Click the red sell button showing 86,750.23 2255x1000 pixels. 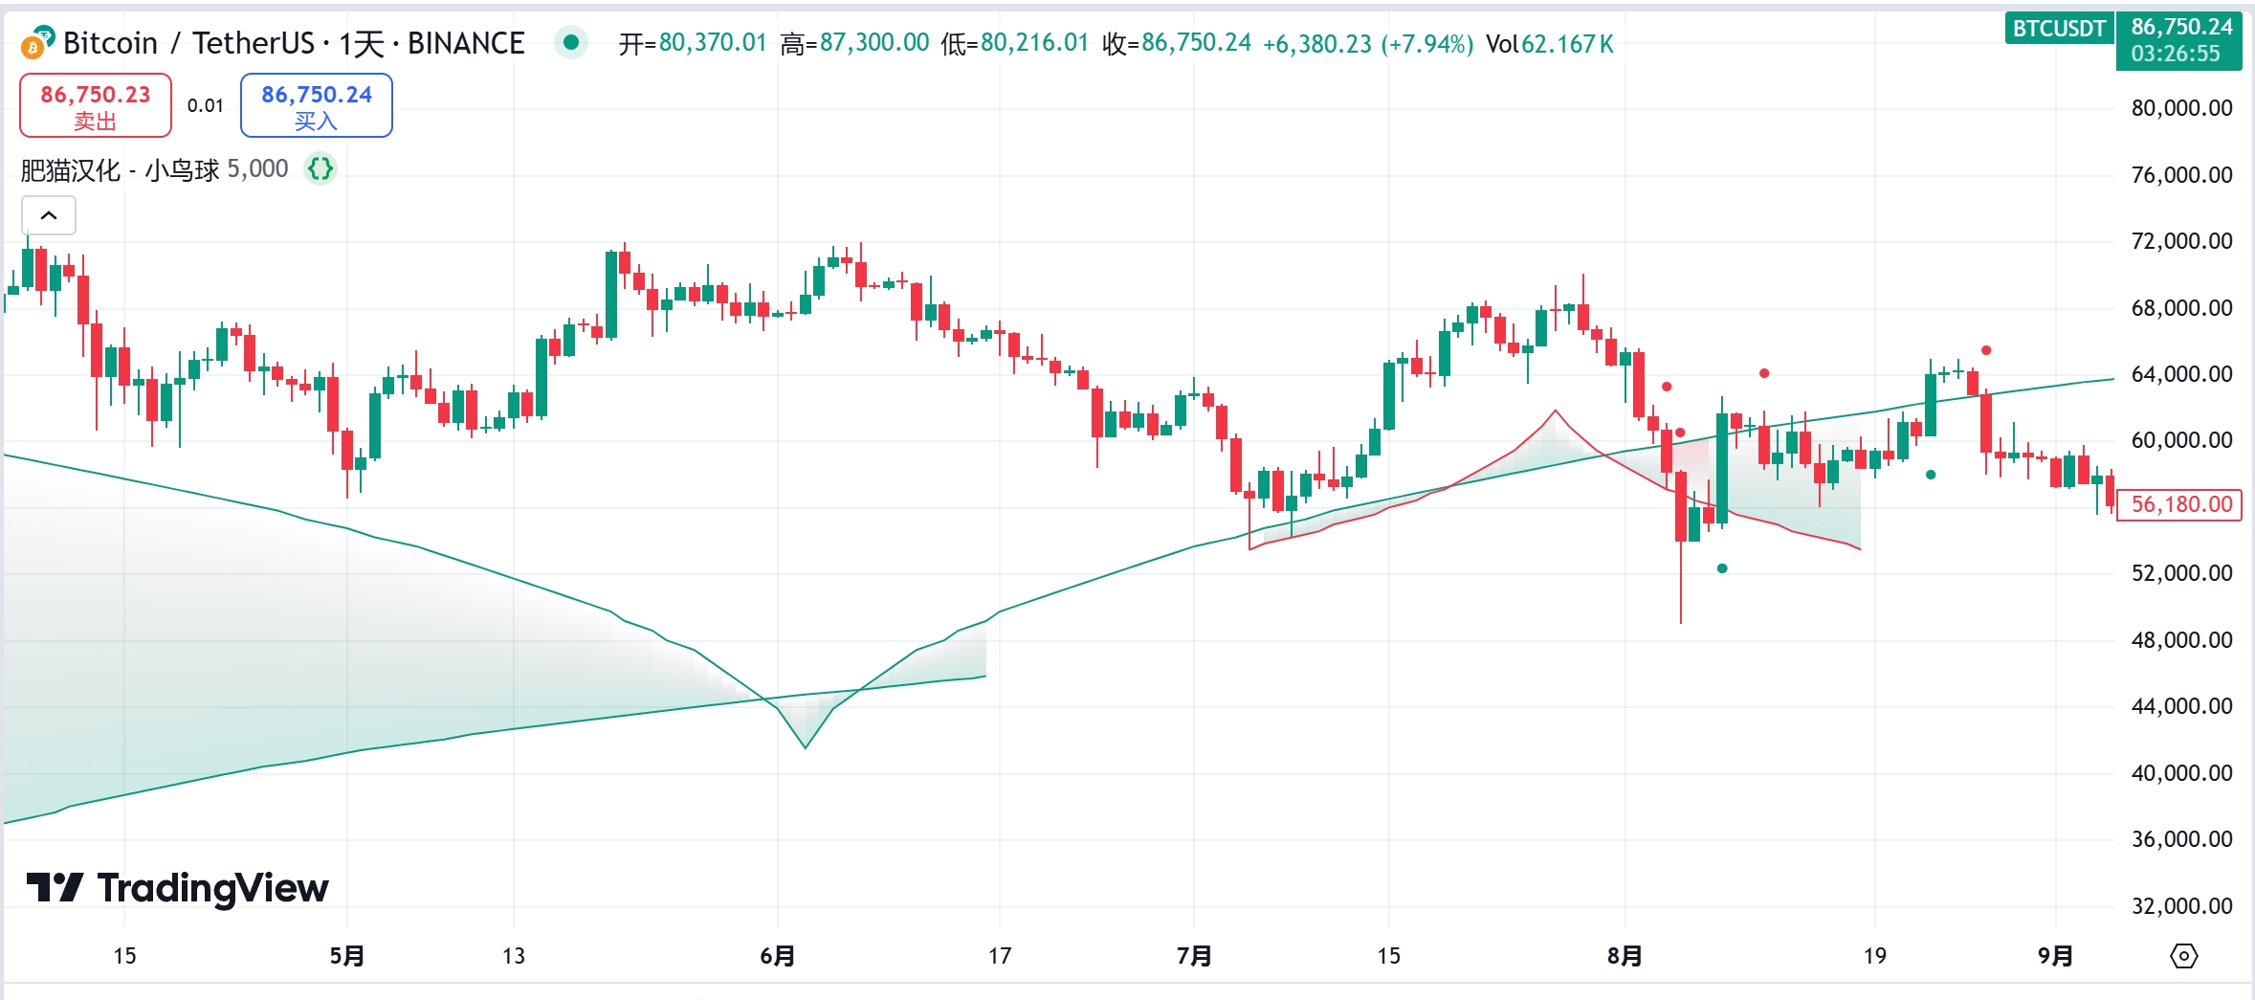(96, 105)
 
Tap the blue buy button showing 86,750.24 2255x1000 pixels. (317, 105)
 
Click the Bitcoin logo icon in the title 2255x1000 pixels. (37, 43)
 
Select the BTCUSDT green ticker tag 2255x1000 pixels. (2059, 29)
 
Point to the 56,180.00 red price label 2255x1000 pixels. (2180, 504)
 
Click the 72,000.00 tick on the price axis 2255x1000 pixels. (2181, 241)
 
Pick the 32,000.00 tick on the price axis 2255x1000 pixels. (2181, 905)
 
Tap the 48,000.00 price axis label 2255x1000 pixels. (2181, 639)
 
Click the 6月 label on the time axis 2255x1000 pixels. (778, 956)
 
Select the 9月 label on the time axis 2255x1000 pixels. (2055, 956)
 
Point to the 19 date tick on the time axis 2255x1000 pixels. (1875, 956)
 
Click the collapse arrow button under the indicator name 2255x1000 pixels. (49, 215)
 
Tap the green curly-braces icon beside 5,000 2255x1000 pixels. (321, 169)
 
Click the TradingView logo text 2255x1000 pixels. (212, 889)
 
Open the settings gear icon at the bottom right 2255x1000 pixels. (2184, 956)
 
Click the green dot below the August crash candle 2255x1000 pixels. (1722, 568)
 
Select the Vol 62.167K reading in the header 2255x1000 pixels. (1550, 44)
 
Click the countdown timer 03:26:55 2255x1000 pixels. (2176, 54)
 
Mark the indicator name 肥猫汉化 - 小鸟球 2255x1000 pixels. (121, 170)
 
